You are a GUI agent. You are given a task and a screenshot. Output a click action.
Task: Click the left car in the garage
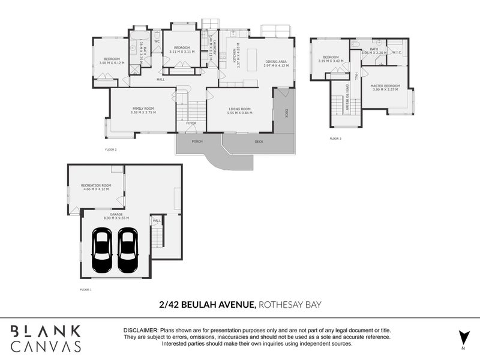tap(101, 252)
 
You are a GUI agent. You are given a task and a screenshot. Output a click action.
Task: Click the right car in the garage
tap(127, 252)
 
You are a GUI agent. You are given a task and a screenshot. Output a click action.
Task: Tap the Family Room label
tap(144, 110)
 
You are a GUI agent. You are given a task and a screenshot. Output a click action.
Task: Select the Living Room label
tap(239, 110)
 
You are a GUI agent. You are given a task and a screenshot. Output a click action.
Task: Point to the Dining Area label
tap(276, 62)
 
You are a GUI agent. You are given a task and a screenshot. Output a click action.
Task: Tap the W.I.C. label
tap(397, 52)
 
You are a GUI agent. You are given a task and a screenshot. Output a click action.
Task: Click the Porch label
tap(197, 142)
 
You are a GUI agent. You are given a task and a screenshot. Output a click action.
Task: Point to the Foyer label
tap(191, 124)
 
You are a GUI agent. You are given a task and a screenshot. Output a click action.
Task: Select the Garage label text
tap(113, 215)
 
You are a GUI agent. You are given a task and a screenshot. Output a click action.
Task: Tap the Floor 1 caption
tap(86, 289)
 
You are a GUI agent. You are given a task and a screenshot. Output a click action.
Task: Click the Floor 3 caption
tap(335, 139)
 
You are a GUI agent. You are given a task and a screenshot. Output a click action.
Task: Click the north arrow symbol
tap(463, 338)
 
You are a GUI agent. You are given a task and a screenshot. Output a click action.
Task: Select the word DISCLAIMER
tap(141, 331)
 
